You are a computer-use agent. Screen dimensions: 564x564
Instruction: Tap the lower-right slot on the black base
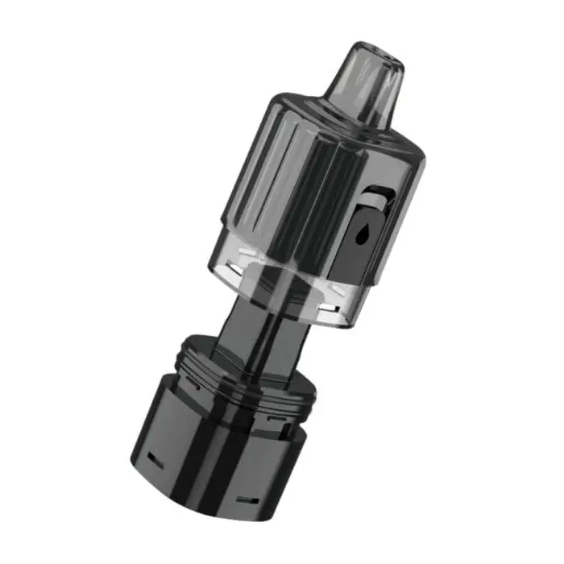[247, 500]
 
